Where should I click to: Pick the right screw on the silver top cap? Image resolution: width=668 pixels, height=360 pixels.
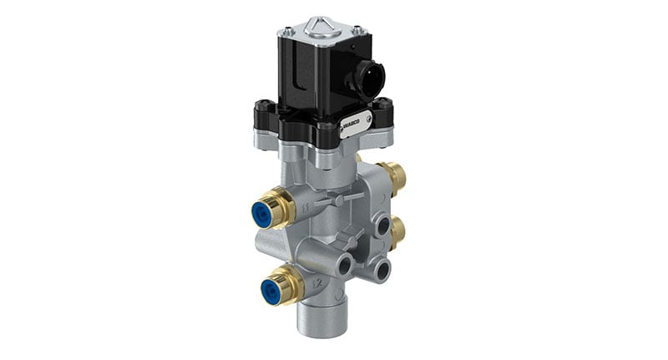tap(357, 31)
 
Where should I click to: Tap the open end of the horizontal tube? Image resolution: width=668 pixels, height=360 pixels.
tap(344, 265)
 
